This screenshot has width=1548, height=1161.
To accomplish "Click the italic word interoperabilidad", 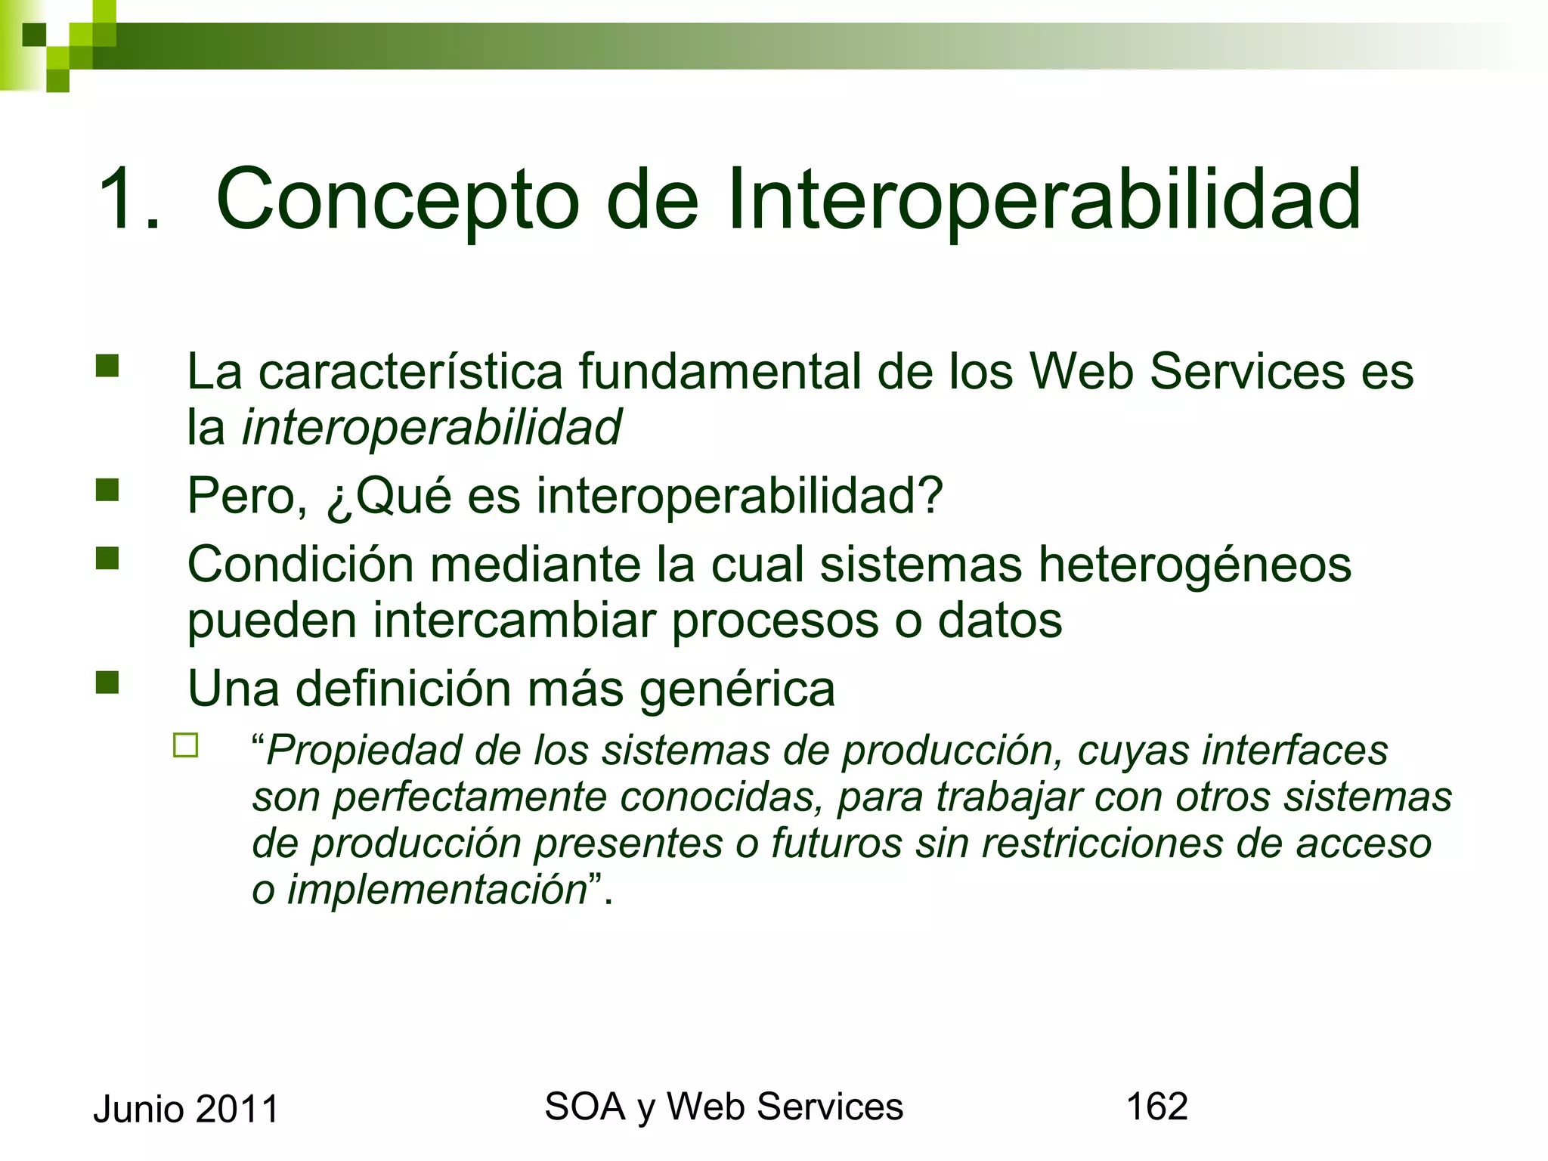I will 431,427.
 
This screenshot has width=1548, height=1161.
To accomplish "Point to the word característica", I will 411,373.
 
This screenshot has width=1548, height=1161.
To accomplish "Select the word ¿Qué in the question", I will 389,497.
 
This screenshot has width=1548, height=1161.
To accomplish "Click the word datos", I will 999,621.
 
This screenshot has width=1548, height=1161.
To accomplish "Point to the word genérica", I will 737,689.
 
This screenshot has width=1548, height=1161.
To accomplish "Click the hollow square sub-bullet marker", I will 185,745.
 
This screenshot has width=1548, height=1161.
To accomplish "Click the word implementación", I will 437,890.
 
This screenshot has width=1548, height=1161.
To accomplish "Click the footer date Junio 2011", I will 186,1110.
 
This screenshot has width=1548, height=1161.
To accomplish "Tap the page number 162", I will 1156,1107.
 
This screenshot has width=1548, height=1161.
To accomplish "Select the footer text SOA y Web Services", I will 723,1107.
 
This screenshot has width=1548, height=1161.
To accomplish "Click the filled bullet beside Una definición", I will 107,683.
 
